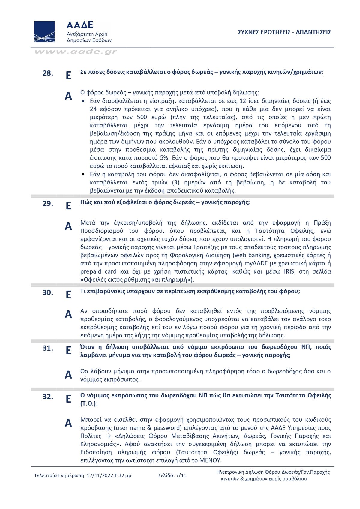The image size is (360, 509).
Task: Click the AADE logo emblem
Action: coord(44,31)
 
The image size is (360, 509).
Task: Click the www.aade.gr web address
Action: coord(76,52)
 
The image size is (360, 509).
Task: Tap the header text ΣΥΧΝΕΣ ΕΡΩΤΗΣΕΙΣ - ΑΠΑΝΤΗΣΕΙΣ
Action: coord(284,32)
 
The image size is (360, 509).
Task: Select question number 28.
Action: coord(48,73)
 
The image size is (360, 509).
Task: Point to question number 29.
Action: coord(48,203)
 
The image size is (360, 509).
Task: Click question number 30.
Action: coord(48,292)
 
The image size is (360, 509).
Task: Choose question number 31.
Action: coord(48,348)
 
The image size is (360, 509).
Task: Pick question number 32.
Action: coord(48,397)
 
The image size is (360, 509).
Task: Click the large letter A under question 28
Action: coord(68,96)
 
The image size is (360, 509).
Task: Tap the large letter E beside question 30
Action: coord(68,295)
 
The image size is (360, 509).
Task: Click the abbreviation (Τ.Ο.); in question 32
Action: coord(89,403)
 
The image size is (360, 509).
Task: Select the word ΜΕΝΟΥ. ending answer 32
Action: coord(210,460)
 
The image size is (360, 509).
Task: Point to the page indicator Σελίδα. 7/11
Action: coord(172,475)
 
